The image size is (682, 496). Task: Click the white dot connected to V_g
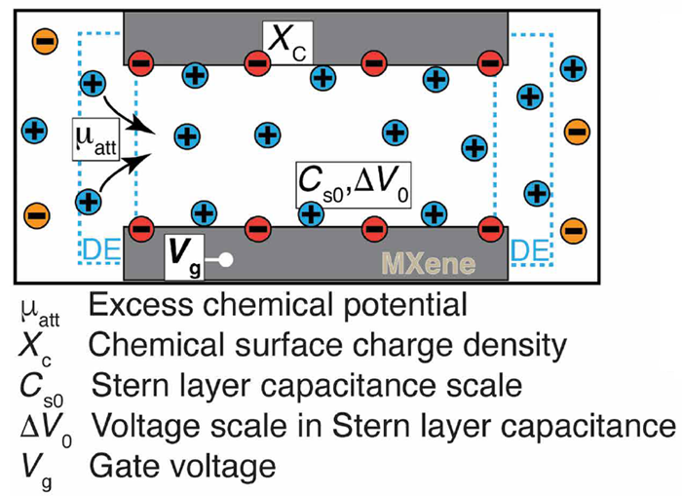click(226, 260)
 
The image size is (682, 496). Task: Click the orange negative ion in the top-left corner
click(44, 40)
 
